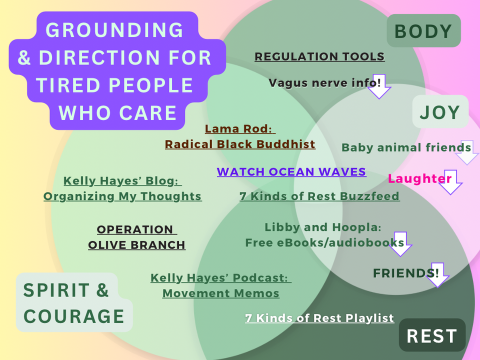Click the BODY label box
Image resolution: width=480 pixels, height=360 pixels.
click(x=423, y=31)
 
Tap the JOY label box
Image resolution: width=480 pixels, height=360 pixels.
click(x=440, y=112)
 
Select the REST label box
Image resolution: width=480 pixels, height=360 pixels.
click(x=432, y=335)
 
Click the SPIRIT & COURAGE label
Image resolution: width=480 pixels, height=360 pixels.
click(x=74, y=303)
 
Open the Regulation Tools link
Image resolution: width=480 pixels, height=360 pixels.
click(x=319, y=56)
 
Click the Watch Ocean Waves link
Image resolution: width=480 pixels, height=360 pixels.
click(x=291, y=172)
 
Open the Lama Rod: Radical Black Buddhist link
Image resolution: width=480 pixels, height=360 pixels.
click(x=240, y=136)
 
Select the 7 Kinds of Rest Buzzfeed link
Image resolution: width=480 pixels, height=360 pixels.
click(x=319, y=196)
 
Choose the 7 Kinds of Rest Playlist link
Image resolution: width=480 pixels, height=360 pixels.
click(x=319, y=318)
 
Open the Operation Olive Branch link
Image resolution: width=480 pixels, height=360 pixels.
click(x=136, y=237)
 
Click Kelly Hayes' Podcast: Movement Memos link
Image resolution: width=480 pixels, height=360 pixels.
click(x=221, y=285)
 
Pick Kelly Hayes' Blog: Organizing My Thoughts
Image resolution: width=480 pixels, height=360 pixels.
click(x=122, y=188)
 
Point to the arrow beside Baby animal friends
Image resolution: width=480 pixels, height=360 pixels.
click(x=466, y=153)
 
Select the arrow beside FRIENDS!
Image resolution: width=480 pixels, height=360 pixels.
click(x=437, y=275)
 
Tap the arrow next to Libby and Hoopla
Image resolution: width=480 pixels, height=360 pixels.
click(x=400, y=244)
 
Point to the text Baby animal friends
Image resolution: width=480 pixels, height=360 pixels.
click(x=406, y=147)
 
